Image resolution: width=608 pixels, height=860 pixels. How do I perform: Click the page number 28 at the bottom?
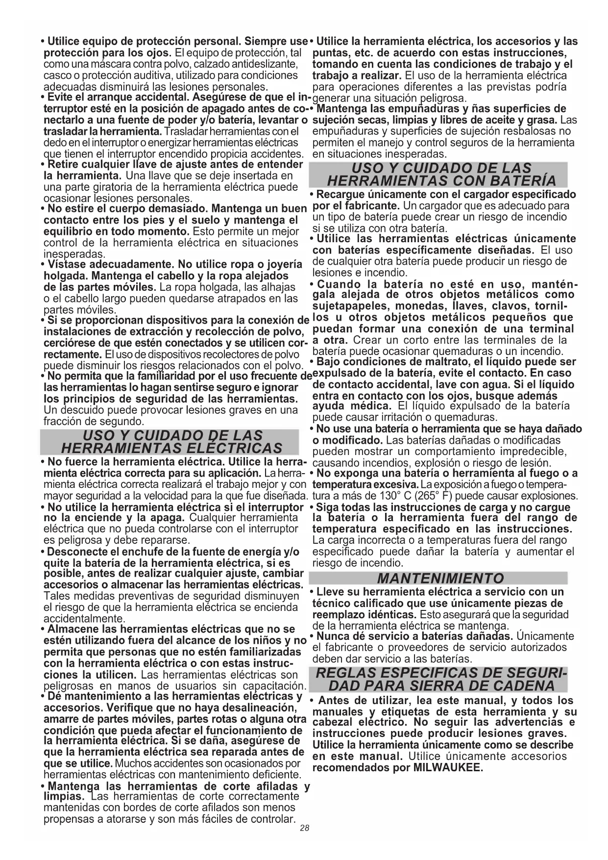[x=305, y=828]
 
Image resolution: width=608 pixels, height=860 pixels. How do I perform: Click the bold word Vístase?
[x=67, y=265]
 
